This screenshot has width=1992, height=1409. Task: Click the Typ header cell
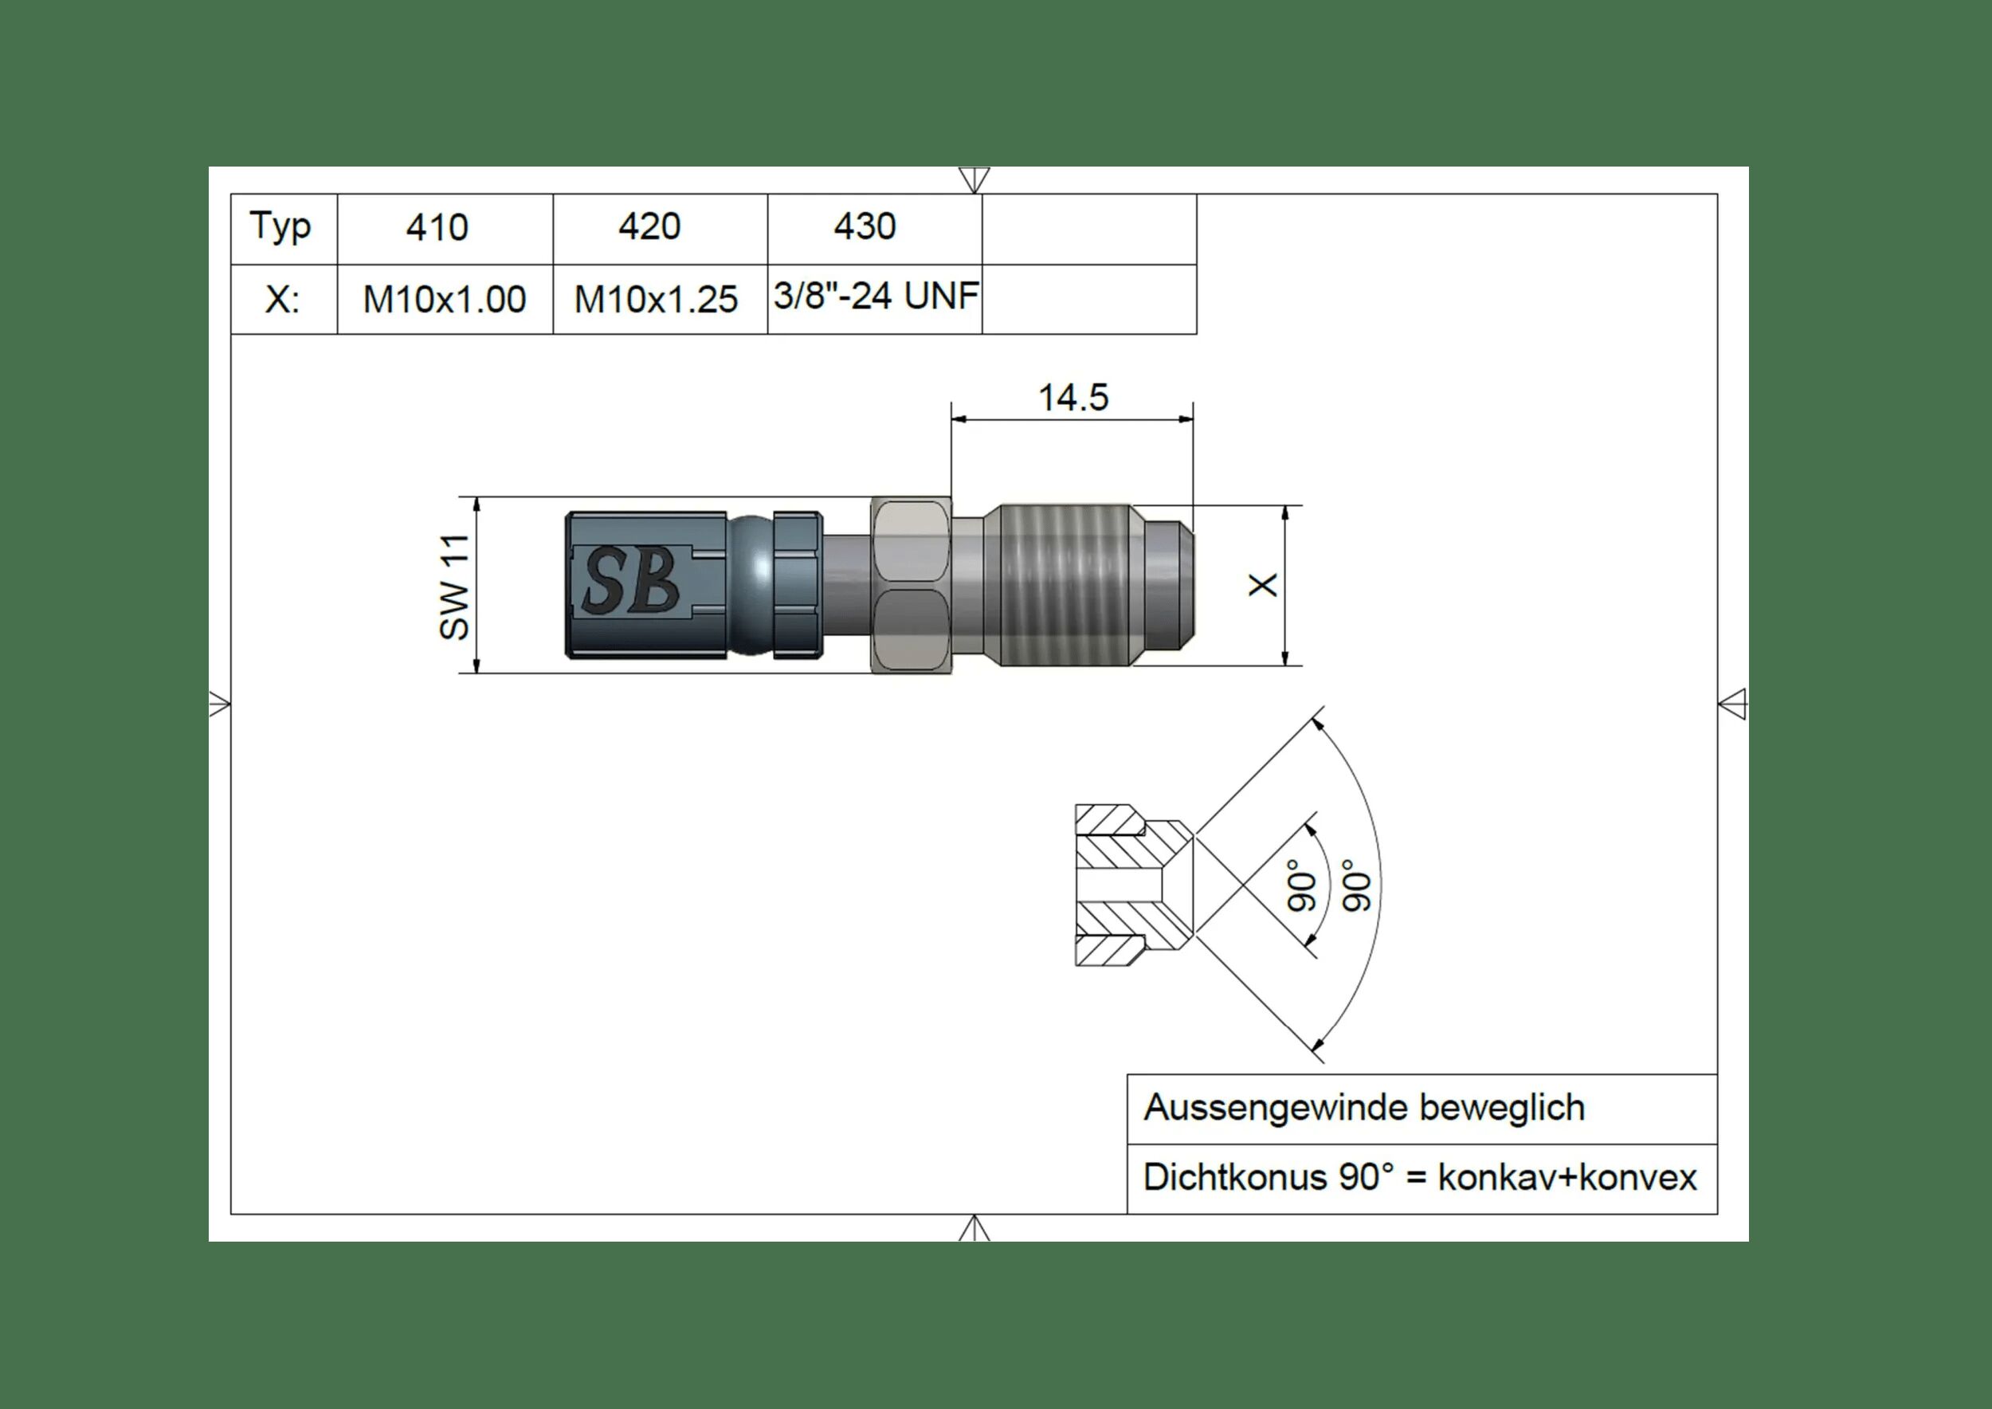point(280,227)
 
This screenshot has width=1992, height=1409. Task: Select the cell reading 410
point(437,227)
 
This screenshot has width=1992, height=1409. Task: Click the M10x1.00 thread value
point(444,300)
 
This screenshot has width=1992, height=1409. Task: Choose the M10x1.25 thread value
point(656,300)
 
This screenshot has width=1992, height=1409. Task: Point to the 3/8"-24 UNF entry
point(876,296)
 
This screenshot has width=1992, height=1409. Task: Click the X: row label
point(282,300)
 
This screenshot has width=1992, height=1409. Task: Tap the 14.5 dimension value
point(1073,398)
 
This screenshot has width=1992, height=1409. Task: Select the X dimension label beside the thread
point(1263,585)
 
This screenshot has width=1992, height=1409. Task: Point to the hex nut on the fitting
point(911,585)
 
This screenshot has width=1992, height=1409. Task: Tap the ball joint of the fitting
point(751,585)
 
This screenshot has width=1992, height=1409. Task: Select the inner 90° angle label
point(1301,886)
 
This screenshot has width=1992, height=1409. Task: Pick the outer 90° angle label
point(1358,886)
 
